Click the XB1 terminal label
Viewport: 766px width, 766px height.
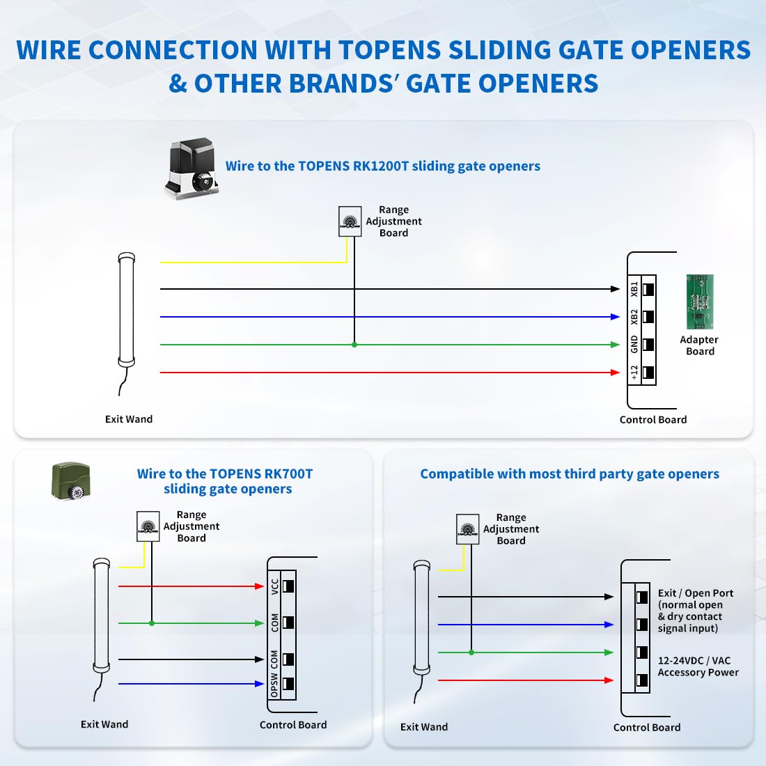634,289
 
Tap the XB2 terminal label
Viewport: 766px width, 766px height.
634,317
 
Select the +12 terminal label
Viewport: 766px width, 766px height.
634,373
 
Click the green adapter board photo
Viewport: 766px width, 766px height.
699,302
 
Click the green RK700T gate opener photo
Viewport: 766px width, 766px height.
71,481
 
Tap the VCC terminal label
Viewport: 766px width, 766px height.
275,586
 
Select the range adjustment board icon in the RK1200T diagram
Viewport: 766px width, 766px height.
350,221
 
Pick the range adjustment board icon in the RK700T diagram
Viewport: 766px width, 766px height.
148,527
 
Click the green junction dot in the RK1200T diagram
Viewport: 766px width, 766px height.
354,345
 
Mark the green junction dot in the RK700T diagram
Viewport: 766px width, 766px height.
152,623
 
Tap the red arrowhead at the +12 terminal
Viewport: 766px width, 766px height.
615,373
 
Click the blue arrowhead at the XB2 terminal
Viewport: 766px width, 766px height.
615,317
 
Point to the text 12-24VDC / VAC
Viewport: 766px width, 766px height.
694,660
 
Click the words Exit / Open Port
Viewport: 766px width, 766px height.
696,593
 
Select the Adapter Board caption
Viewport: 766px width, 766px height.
699,345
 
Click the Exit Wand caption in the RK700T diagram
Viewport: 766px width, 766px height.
104,724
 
